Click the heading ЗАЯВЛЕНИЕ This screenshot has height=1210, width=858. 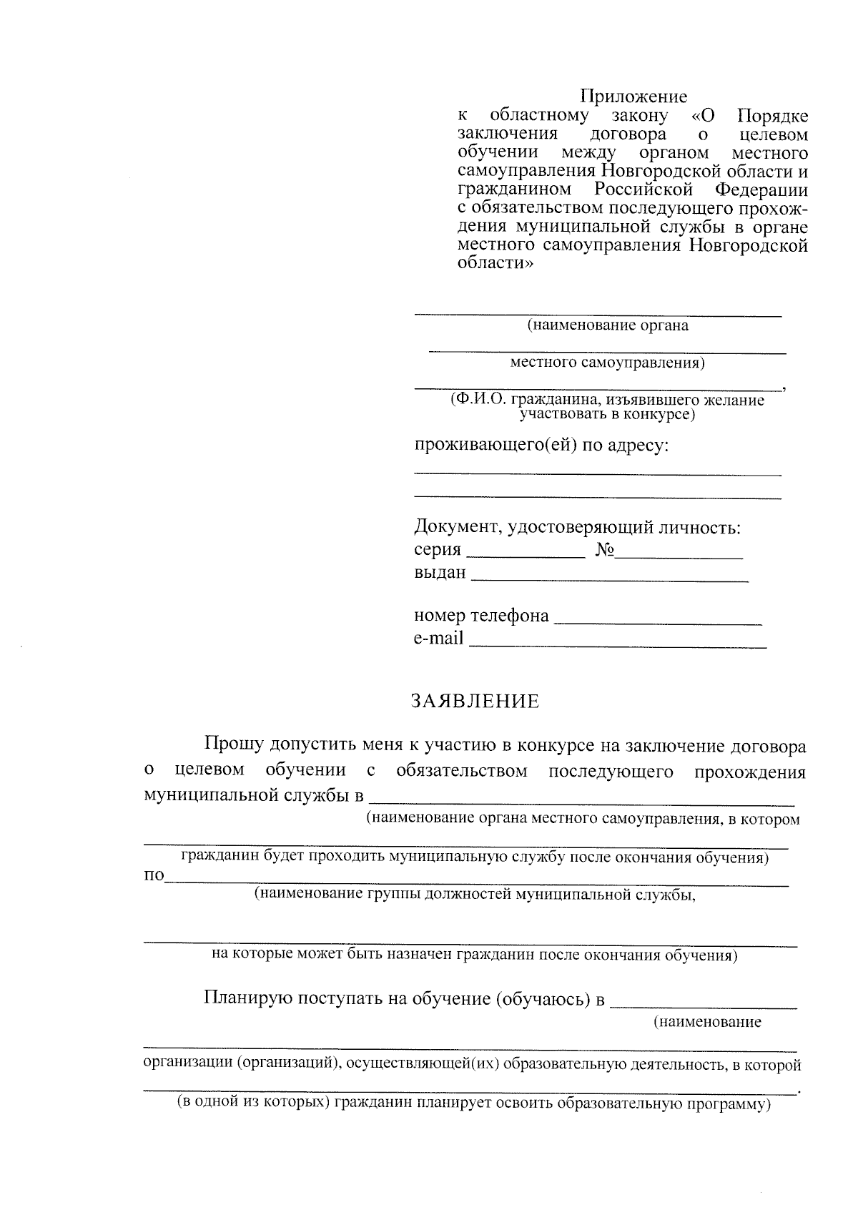click(475, 702)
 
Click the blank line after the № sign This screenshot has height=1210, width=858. click(679, 555)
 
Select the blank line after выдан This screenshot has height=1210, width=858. click(609, 579)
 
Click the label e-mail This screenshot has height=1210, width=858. click(438, 638)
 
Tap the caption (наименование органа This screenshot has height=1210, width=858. click(608, 326)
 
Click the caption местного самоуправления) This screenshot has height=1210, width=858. click(607, 363)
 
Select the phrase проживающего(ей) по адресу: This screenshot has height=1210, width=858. click(542, 445)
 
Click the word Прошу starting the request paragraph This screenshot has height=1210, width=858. click(234, 746)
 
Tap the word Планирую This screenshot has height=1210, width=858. click(247, 998)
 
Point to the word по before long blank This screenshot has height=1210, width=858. click(154, 877)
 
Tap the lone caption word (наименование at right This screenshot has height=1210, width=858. click(708, 1022)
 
